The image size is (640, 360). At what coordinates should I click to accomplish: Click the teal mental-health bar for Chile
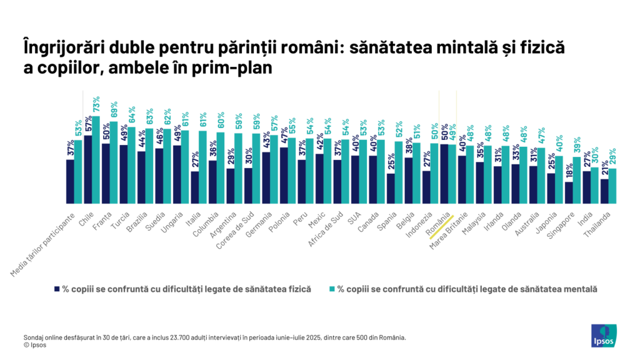point(96,160)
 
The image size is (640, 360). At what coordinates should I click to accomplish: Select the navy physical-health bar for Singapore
point(569,192)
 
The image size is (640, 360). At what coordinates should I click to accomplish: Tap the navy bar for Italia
point(195,187)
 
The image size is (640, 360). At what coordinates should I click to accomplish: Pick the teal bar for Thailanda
point(612,186)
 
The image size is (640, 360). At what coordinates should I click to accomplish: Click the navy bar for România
point(444,174)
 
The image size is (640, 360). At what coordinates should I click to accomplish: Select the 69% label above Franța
point(114,110)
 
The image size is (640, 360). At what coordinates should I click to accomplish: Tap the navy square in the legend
point(57,289)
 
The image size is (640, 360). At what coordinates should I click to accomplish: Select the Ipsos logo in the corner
point(604,336)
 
